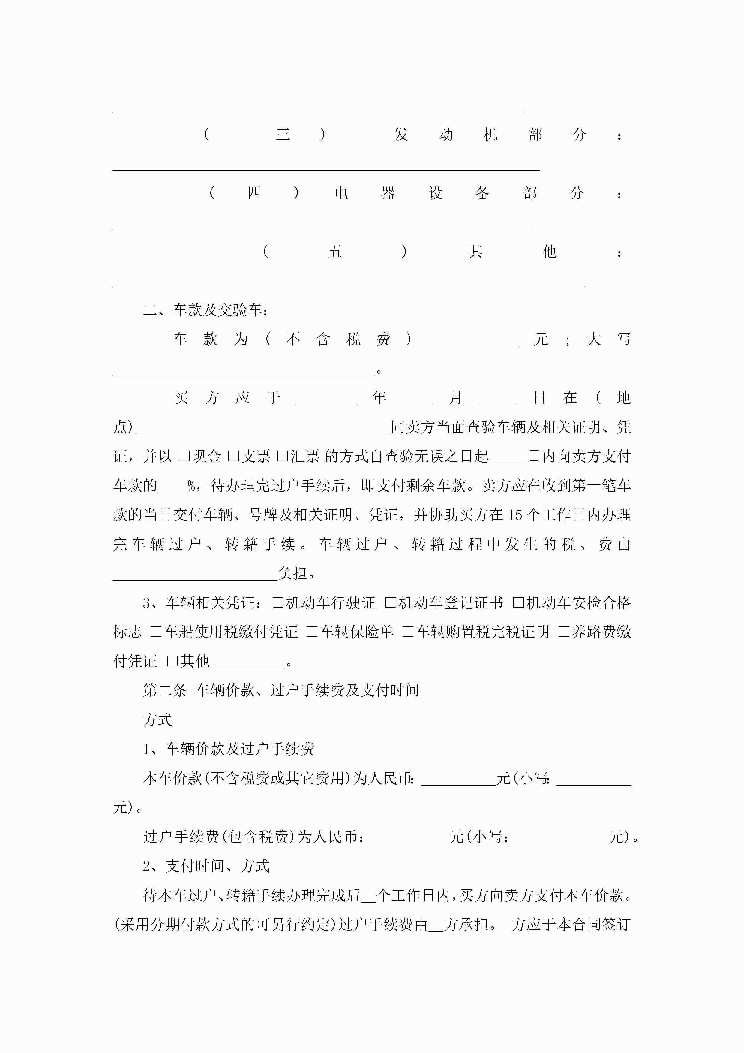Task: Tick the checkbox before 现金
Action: tap(184, 456)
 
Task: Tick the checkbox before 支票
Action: tap(233, 456)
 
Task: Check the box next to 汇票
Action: tap(282, 456)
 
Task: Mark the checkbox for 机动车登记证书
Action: tap(391, 603)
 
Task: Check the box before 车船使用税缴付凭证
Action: tap(156, 632)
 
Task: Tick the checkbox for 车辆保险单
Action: tap(312, 632)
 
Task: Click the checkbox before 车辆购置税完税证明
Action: tap(407, 632)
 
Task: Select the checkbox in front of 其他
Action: tap(172, 661)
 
